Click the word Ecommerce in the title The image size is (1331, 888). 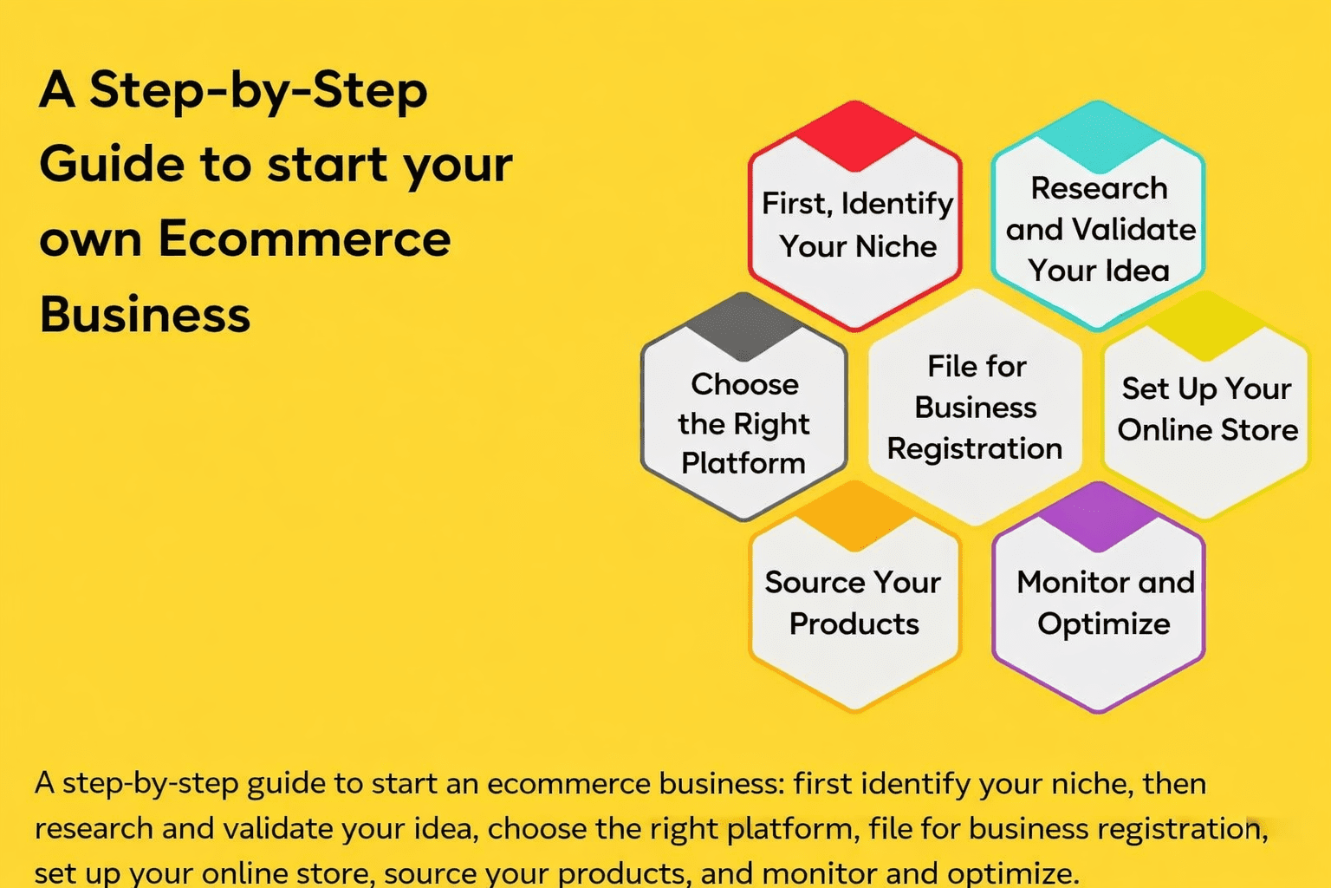pos(304,239)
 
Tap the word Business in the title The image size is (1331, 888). pos(145,314)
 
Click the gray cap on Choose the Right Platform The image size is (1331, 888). pos(743,327)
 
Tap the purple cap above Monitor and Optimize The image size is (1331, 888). pos(1098,518)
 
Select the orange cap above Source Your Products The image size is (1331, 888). pos(855,518)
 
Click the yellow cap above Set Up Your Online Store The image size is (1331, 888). pos(1206,327)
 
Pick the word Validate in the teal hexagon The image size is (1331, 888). pos(1133,230)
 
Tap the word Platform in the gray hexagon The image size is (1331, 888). pos(743,463)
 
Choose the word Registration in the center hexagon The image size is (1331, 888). pos(975,448)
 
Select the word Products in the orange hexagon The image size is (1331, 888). pos(854,624)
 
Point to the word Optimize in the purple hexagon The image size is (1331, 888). pos(1104,624)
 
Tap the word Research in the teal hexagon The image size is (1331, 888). pos(1099,188)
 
